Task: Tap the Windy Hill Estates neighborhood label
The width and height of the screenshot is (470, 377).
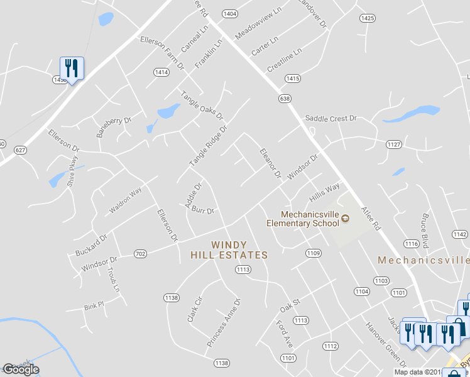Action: pos(230,249)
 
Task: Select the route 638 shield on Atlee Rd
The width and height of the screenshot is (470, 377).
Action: pos(285,99)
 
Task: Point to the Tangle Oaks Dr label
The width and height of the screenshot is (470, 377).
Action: pos(202,106)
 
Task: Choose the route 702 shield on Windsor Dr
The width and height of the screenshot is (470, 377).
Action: pos(140,254)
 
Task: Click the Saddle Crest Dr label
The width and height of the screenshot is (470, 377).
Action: pos(331,118)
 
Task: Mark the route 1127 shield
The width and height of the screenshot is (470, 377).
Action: pos(394,145)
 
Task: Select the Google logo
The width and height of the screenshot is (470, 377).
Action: pos(21,369)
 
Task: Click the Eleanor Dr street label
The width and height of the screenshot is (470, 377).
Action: pos(270,163)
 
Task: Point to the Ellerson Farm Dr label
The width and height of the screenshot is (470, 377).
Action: pos(162,52)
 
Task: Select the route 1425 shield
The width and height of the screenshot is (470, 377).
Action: pos(368,18)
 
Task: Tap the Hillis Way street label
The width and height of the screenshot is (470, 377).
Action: pos(324,192)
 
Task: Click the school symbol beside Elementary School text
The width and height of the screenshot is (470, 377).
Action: pos(346,219)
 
